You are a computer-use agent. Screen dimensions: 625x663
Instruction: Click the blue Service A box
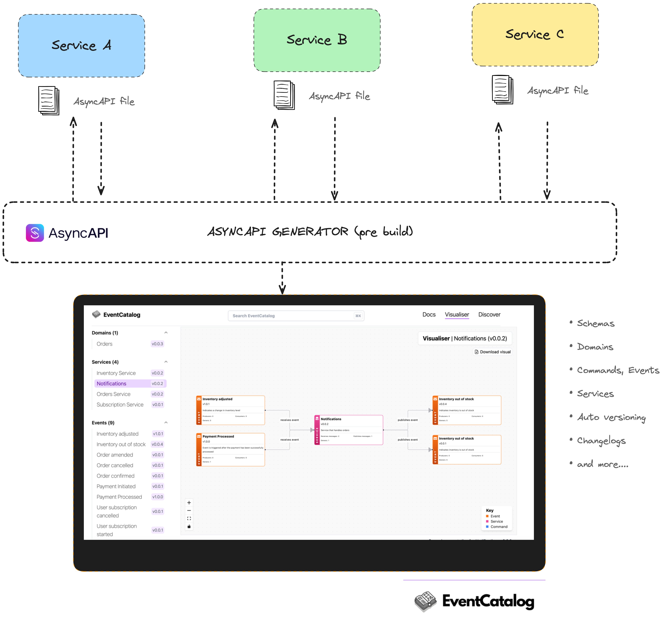coord(81,46)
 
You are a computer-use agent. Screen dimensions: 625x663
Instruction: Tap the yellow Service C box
coord(535,35)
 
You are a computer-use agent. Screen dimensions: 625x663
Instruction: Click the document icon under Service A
coord(49,101)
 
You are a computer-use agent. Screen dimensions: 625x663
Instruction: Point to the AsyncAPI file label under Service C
coord(558,90)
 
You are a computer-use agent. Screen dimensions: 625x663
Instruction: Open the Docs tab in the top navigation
coord(429,315)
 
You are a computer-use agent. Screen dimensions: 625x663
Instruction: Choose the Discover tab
coord(489,315)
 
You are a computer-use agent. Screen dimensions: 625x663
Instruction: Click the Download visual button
coord(493,352)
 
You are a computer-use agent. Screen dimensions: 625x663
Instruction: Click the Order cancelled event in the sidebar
coord(115,465)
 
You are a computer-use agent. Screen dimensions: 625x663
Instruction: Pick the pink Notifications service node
coord(349,430)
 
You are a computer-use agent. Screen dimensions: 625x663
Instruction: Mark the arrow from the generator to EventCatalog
coord(282,278)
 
